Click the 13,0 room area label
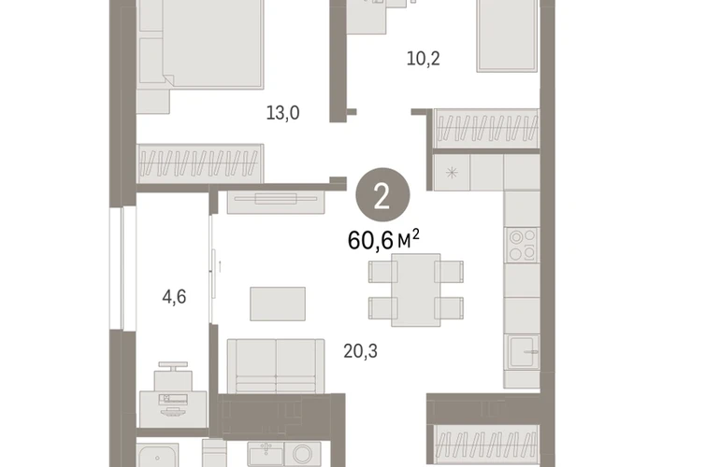tap(282, 113)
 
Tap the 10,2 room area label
tap(424, 59)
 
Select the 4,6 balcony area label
tap(174, 297)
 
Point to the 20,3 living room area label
tap(360, 351)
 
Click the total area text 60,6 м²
tap(383, 240)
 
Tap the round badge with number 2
tap(382, 195)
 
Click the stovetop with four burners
tap(522, 245)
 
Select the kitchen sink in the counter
tap(522, 351)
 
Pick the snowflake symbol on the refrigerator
tap(452, 173)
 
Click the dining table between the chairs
tap(415, 290)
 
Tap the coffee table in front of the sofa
tap(278, 304)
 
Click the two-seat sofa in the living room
tap(276, 366)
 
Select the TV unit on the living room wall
tap(276, 202)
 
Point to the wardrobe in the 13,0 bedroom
tap(200, 163)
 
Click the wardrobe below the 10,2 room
tap(486, 129)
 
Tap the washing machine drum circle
tap(303, 454)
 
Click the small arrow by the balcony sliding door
tap(220, 266)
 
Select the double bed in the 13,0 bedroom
tap(200, 44)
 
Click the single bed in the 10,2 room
tap(507, 35)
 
